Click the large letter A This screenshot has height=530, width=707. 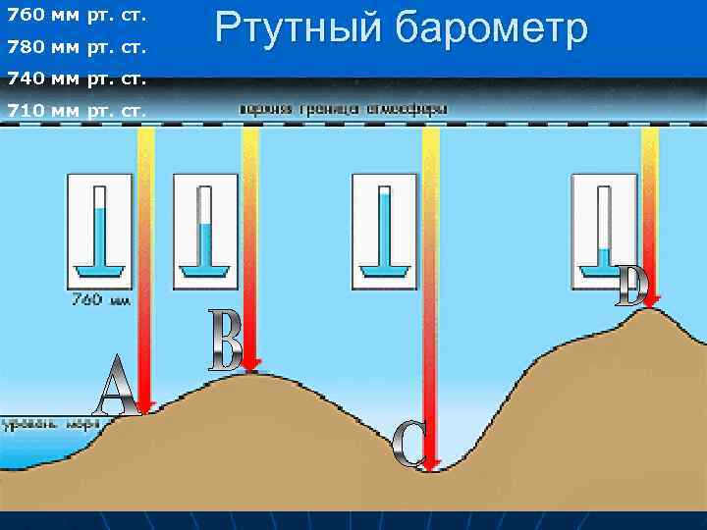pyautogui.click(x=116, y=385)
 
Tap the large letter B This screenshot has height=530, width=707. pyautogui.click(x=227, y=341)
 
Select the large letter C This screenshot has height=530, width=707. pyautogui.click(x=408, y=444)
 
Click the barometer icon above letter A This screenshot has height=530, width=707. pyautogui.click(x=99, y=231)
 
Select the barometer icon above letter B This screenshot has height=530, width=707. pyautogui.click(x=205, y=231)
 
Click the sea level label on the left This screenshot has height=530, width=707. pyautogui.click(x=50, y=425)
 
